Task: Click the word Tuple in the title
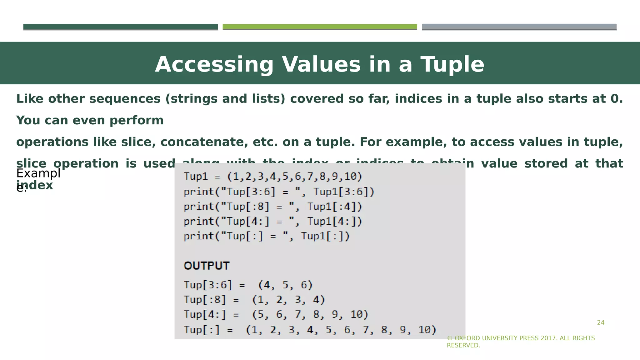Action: [452, 65]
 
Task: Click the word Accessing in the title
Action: [214, 65]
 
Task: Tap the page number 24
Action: [600, 323]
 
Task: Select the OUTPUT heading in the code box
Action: [207, 266]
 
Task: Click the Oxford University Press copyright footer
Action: [521, 342]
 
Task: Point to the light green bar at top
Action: [320, 27]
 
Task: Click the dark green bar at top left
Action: [120, 27]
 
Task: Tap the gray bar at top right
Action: [519, 27]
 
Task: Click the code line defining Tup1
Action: [272, 177]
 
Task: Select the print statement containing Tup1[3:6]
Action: [279, 192]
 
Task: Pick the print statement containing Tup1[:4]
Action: [272, 207]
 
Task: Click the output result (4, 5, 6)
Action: [285, 285]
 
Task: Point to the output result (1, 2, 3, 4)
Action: [288, 300]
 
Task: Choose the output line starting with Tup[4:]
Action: [276, 314]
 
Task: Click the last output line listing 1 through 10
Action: [309, 330]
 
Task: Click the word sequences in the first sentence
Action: [125, 99]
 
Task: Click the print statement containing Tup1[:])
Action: [266, 236]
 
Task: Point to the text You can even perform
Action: [90, 120]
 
